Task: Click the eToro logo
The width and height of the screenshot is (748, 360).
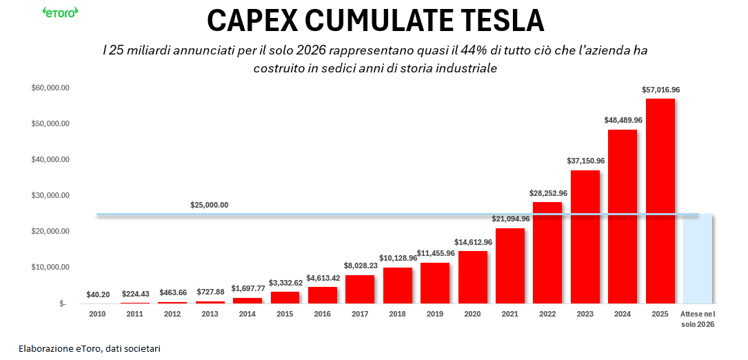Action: pyautogui.click(x=60, y=12)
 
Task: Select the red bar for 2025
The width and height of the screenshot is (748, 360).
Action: pyautogui.click(x=660, y=201)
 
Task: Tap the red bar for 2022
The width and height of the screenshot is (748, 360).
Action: pyautogui.click(x=547, y=252)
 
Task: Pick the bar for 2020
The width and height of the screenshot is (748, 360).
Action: pyautogui.click(x=473, y=277)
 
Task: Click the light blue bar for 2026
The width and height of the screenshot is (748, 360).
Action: pyautogui.click(x=698, y=259)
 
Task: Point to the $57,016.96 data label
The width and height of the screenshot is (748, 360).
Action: pyautogui.click(x=660, y=90)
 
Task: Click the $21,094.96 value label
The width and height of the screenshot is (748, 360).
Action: pyautogui.click(x=511, y=219)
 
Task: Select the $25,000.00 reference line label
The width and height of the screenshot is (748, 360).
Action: pyautogui.click(x=209, y=206)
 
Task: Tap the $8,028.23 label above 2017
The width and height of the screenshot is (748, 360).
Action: pyautogui.click(x=361, y=266)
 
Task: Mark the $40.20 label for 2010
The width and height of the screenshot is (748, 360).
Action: pyautogui.click(x=98, y=294)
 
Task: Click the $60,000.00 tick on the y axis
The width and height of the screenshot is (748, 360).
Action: pyautogui.click(x=50, y=88)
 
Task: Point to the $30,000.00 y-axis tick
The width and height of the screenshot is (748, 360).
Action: pyautogui.click(x=50, y=195)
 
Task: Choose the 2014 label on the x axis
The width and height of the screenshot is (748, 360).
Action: pyautogui.click(x=248, y=314)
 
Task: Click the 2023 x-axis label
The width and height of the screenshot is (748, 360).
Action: pyautogui.click(x=585, y=314)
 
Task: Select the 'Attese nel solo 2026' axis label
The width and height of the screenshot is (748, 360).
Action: pyautogui.click(x=698, y=319)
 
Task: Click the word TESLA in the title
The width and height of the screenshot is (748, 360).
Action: pyautogui.click(x=492, y=21)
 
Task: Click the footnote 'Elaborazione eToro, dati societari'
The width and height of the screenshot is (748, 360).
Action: pyautogui.click(x=90, y=348)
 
